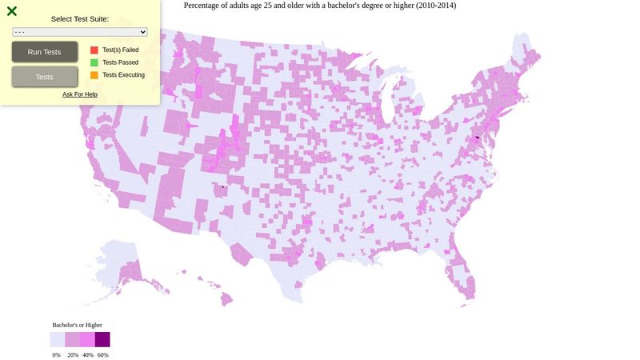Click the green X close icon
[x=12, y=11]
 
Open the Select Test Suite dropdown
[x=80, y=32]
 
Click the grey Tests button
[x=45, y=77]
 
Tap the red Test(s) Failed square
[x=94, y=50]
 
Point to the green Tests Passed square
[x=94, y=62]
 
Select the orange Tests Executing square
[x=94, y=75]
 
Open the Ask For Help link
[x=80, y=94]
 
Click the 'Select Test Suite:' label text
[x=80, y=18]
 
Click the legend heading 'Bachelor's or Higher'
[x=77, y=325]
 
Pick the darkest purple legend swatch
[x=102, y=339]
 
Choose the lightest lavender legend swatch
[x=58, y=339]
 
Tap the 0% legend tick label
[x=57, y=354]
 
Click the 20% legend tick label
[x=73, y=354]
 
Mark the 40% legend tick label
[x=88, y=354]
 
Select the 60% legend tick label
[x=103, y=354]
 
